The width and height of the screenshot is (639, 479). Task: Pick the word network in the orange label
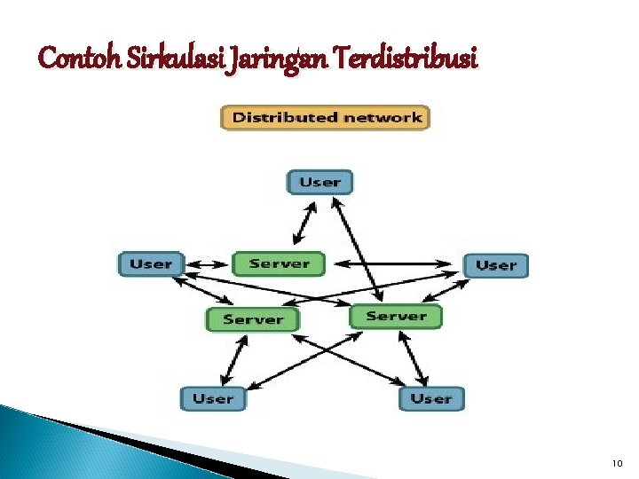[x=383, y=117]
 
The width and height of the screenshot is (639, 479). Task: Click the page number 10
[x=618, y=464]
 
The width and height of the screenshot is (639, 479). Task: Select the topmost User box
[x=320, y=182]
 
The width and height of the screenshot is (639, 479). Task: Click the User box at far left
[x=151, y=263]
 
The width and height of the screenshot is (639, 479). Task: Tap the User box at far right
[x=495, y=264]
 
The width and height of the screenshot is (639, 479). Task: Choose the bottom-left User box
[x=212, y=398]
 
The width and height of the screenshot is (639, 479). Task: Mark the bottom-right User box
[x=431, y=398]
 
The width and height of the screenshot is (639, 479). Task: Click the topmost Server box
[x=279, y=263]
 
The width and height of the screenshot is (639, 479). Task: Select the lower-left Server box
[x=252, y=319]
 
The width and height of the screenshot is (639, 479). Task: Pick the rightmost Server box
[x=395, y=316]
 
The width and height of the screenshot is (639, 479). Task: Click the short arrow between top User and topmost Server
[x=303, y=222]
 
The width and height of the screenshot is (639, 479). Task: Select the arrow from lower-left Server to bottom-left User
[x=231, y=359]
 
